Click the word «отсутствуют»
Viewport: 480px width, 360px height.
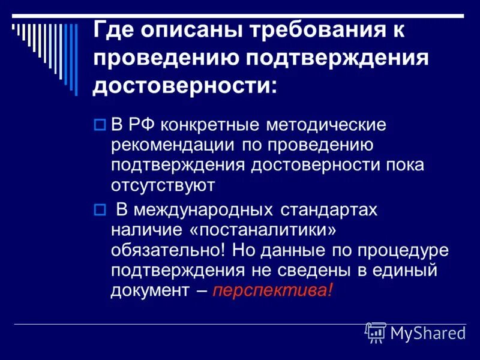163,185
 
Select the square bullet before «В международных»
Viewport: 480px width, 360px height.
100,210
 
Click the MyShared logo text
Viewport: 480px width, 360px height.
428,333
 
